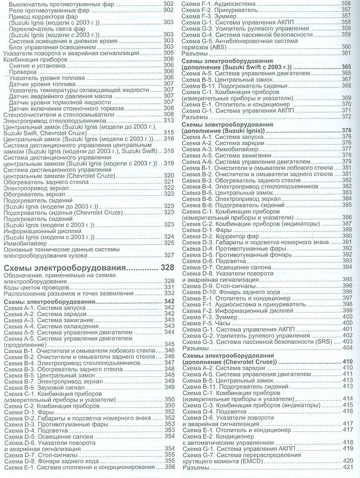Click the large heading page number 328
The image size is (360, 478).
point(166,268)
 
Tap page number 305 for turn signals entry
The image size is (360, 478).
point(168,52)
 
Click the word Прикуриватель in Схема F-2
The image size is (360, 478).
point(240,10)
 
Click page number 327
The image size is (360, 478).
point(168,255)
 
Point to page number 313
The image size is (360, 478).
point(168,120)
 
